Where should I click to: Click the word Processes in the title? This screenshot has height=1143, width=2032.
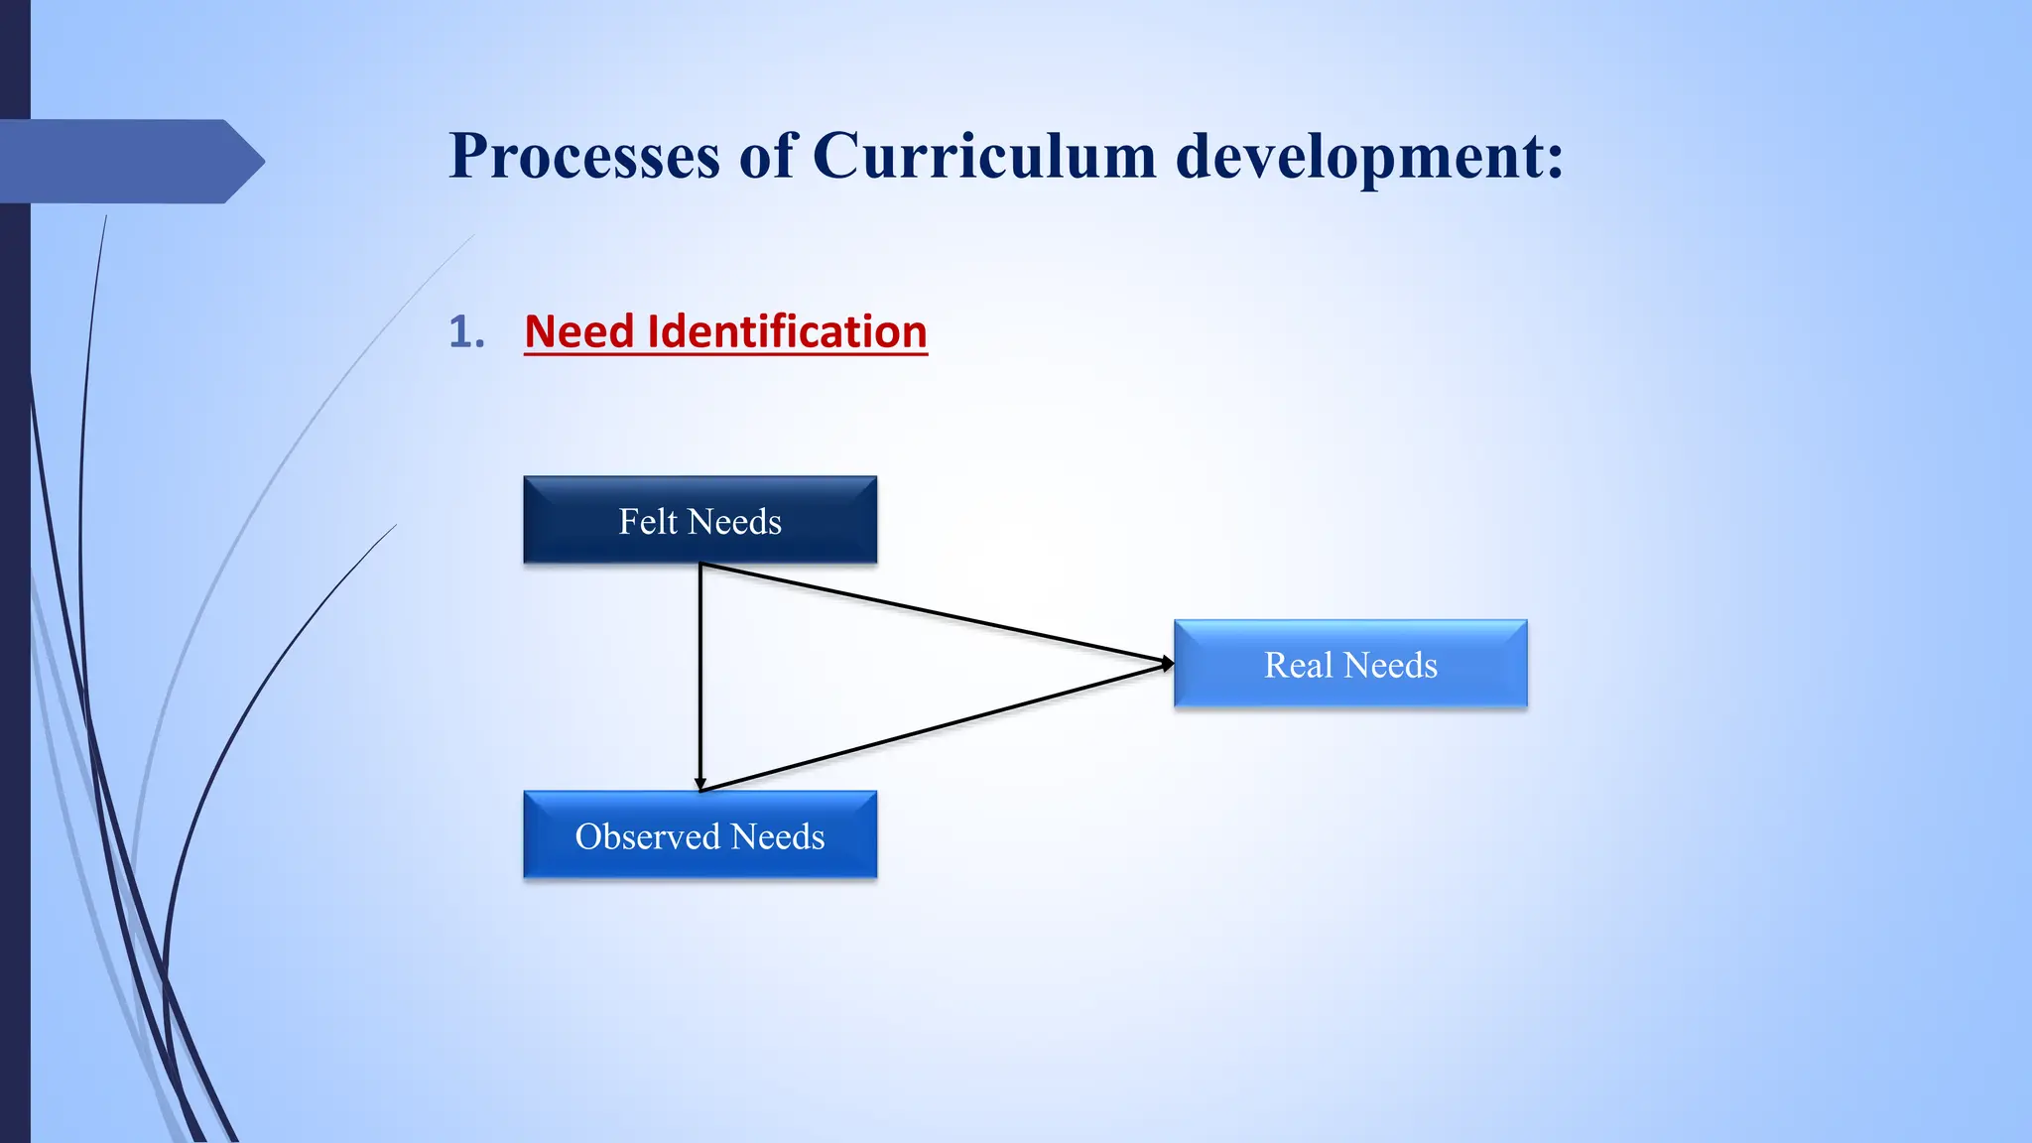tap(583, 157)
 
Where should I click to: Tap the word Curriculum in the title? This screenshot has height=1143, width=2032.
tap(984, 157)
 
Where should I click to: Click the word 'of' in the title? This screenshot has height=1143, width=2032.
tap(766, 157)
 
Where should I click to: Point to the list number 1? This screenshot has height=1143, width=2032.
tap(465, 331)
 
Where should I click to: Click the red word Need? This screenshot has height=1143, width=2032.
tap(578, 331)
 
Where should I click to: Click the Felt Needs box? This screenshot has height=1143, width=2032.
tap(699, 520)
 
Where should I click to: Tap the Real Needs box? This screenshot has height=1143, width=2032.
tap(1350, 664)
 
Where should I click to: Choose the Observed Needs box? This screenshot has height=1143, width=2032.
tap(699, 835)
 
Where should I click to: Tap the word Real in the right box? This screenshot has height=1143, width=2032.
tap(1298, 665)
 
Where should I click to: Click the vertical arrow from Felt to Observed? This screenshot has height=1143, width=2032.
tap(700, 675)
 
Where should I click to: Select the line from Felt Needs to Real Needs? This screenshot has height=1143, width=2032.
tap(933, 612)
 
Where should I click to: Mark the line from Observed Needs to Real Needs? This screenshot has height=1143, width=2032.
tap(933, 727)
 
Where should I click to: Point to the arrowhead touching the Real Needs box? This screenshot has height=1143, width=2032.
tap(1168, 663)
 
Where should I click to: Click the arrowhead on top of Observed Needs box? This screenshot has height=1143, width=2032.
tap(700, 784)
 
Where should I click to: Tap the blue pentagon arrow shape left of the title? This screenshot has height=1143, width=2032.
tap(129, 162)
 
